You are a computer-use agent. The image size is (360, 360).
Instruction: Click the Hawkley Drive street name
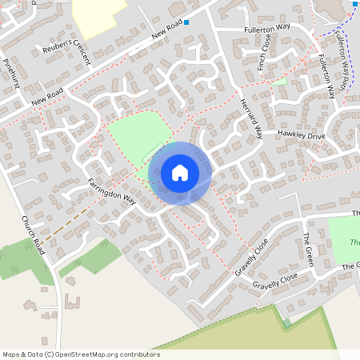point(302,136)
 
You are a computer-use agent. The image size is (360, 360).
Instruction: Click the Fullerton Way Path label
point(340,65)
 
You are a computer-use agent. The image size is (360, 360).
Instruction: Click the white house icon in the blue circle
point(180,173)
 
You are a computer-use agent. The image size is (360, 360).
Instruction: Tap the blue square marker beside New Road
point(186,23)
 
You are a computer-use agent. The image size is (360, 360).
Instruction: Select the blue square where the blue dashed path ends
point(354,4)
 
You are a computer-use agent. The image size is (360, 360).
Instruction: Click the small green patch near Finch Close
point(279,81)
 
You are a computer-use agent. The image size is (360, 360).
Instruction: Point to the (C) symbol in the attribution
point(49,354)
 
